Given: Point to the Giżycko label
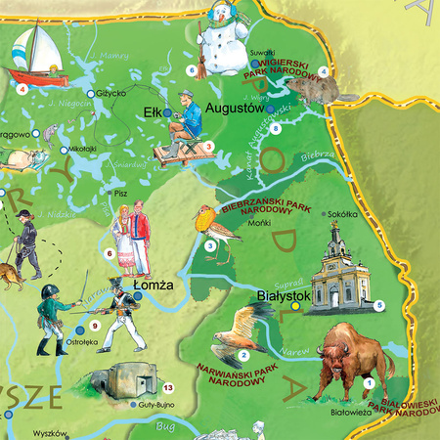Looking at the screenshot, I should (x=111, y=94).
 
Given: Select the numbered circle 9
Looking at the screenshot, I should (x=95, y=325).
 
